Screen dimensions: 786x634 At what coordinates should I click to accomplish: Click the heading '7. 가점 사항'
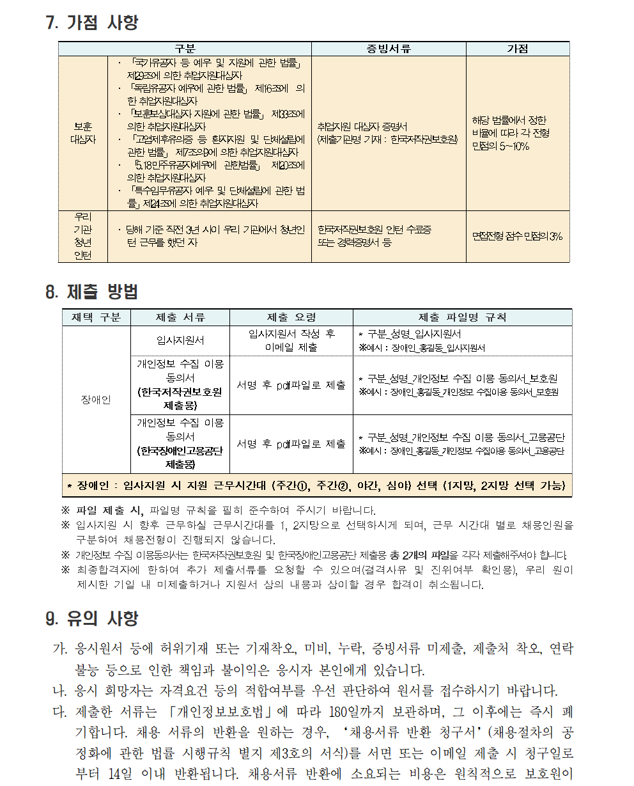coord(92,23)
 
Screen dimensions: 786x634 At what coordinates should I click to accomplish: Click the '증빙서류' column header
coord(388,49)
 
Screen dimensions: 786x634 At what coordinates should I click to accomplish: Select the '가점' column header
coord(517,49)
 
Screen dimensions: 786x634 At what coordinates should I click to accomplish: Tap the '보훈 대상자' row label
coord(82,133)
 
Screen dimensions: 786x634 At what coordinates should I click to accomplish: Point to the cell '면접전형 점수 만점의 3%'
coord(517,236)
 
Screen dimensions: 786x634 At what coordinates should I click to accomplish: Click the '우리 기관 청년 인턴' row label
coord(82,236)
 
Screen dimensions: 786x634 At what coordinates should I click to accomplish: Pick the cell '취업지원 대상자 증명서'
coord(388,133)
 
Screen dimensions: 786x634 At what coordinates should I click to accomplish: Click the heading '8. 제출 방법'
coord(92,292)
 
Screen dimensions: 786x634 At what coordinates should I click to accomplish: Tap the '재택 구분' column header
coord(96,317)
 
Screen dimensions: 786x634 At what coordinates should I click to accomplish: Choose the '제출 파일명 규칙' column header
coord(461,317)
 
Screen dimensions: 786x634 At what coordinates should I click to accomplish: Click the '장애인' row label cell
coord(96,400)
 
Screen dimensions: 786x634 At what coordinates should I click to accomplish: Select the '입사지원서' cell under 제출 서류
coord(180,341)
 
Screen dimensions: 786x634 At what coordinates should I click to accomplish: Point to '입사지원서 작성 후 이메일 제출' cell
coord(291,341)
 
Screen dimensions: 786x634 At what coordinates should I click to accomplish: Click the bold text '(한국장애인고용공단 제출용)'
coord(180,457)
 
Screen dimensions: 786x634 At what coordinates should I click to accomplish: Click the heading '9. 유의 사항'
coord(92,618)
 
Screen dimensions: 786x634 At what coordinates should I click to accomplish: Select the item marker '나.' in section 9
coord(60,691)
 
